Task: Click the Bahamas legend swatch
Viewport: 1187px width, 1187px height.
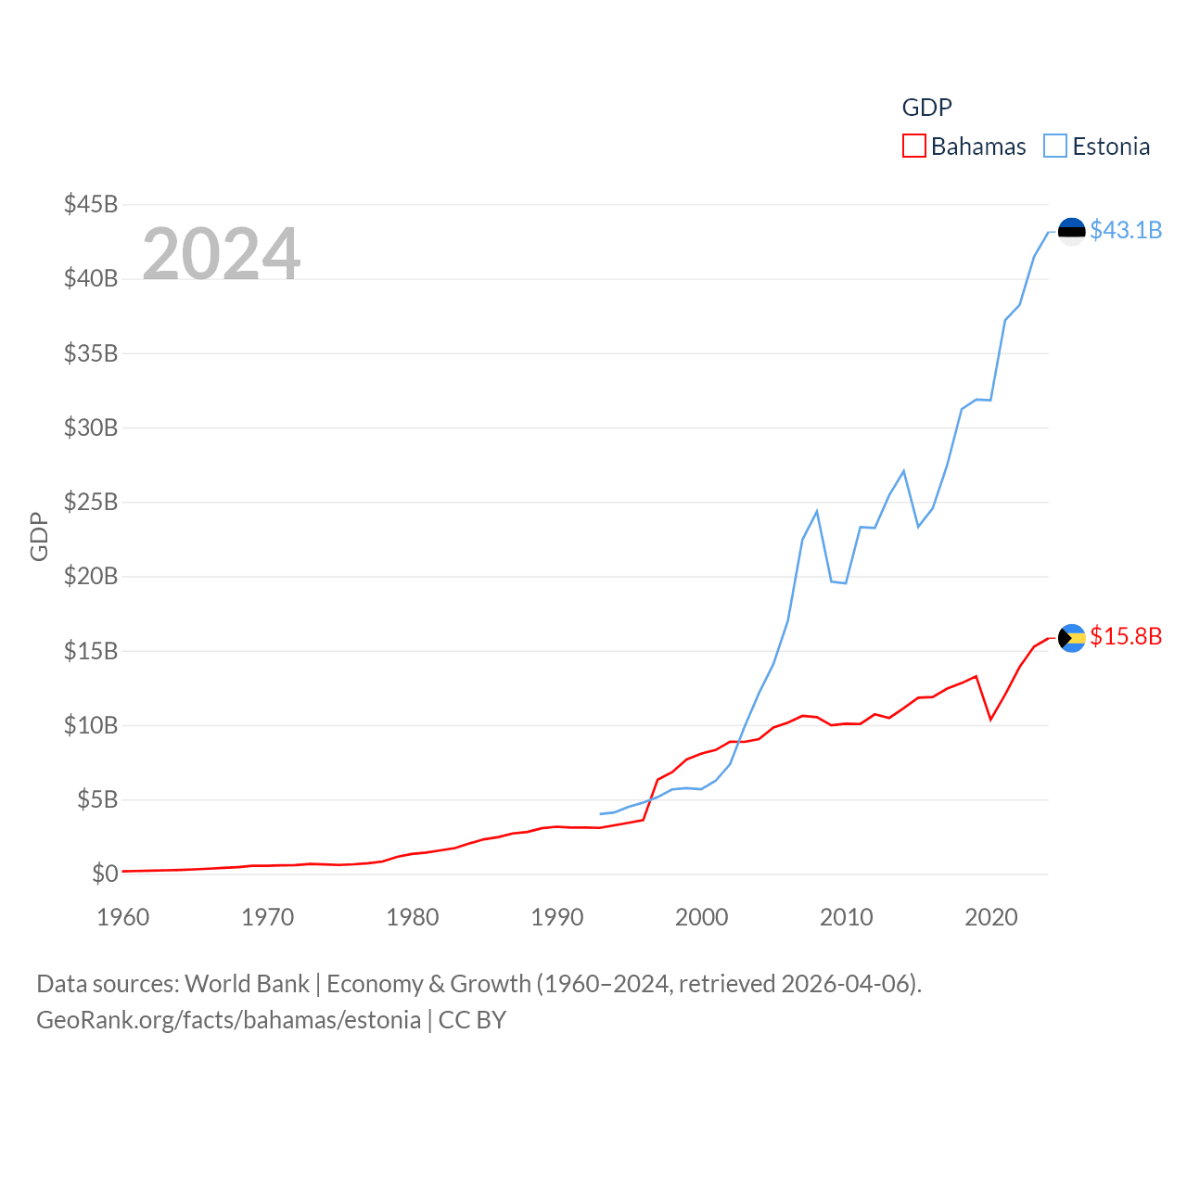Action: coord(913,147)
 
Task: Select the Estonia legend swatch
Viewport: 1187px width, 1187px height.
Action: coord(1055,147)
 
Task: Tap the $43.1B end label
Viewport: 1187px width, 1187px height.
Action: coord(1126,230)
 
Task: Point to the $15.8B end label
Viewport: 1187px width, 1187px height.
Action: coord(1126,636)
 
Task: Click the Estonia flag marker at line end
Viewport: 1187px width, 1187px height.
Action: coord(1072,230)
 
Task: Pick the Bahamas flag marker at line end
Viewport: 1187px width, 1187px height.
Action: coord(1072,638)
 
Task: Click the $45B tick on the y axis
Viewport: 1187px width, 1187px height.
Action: coord(91,204)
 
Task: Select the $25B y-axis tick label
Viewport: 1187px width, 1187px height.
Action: coord(91,502)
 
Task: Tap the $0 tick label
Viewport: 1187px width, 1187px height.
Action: coord(105,874)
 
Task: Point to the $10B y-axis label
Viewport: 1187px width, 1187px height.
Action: coord(91,725)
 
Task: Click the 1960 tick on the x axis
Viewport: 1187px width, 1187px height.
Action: coord(123,917)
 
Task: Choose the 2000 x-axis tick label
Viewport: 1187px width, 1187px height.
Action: coord(702,917)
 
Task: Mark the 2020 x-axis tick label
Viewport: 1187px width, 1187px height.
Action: coord(991,917)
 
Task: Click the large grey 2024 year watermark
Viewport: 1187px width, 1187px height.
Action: coord(222,254)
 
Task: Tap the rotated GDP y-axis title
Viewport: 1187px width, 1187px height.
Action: coord(39,536)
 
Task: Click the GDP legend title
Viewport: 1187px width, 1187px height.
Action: coord(926,108)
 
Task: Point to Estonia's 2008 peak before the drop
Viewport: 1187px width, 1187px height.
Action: coord(817,511)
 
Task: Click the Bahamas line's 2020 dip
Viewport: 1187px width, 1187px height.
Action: coord(991,719)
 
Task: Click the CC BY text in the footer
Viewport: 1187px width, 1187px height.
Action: coord(472,1020)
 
